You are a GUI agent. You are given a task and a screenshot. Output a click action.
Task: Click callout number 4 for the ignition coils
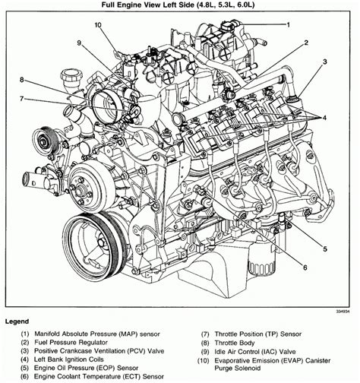(324, 117)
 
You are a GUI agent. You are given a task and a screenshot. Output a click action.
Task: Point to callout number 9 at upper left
(77, 43)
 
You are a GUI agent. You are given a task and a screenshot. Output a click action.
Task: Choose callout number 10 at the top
(97, 25)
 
